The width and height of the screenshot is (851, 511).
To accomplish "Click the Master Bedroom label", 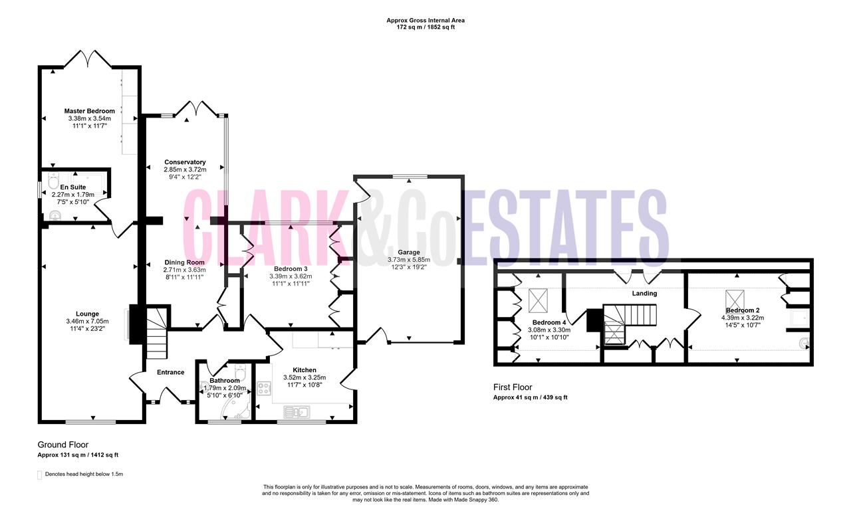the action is [x=89, y=111].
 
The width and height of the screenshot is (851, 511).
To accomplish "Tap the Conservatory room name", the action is [x=185, y=162].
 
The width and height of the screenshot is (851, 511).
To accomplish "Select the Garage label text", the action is [x=409, y=252].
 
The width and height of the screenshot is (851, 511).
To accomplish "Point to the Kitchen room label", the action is [x=304, y=369].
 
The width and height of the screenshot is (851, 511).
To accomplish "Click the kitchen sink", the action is [x=297, y=411].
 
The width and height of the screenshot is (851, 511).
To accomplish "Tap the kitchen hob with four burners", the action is [x=264, y=388].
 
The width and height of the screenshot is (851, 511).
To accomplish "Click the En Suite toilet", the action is [x=55, y=181].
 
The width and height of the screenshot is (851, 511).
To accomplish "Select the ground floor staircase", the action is [x=157, y=334].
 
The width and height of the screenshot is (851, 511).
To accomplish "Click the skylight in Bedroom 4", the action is [x=538, y=300].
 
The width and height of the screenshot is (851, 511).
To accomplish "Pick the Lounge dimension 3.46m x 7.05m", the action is [x=87, y=321].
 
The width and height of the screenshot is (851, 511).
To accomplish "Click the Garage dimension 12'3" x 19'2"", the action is [x=409, y=267].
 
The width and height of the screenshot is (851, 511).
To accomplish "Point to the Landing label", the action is [x=644, y=294].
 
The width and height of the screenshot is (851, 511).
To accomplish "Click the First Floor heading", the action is [x=513, y=387].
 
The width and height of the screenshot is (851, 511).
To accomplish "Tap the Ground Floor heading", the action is [x=62, y=445].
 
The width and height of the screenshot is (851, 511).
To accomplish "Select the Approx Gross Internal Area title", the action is [x=425, y=21].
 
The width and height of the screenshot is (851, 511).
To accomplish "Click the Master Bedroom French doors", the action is [x=88, y=59].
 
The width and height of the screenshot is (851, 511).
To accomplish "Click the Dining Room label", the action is [x=184, y=262].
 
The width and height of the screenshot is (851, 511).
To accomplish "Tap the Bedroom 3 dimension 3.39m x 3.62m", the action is [x=291, y=276].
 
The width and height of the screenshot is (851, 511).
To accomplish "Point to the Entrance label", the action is [x=171, y=372].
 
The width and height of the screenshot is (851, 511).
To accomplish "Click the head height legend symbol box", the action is [x=39, y=475].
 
